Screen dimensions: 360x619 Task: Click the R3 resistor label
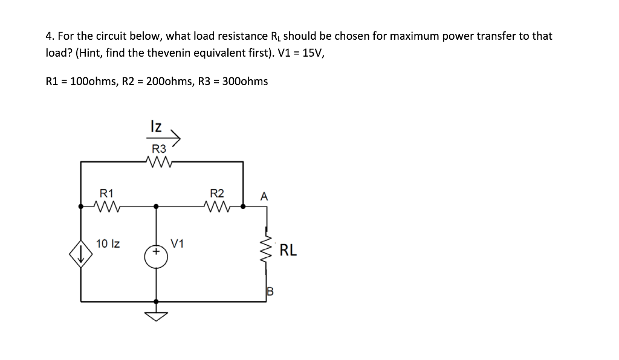[158, 149]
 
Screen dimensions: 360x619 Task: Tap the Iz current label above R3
[155, 126]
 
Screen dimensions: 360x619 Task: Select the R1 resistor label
[106, 193]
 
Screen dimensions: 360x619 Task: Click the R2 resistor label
[216, 193]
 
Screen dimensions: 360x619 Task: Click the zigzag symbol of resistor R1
[108, 206]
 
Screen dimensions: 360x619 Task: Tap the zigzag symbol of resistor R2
[218, 206]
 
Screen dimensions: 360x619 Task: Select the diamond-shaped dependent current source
[82, 256]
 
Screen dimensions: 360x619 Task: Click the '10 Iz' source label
[108, 244]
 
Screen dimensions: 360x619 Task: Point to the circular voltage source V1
[156, 256]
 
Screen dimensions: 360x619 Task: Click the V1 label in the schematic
[177, 244]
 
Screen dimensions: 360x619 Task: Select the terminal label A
[263, 196]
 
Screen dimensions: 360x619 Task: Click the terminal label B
[270, 292]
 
